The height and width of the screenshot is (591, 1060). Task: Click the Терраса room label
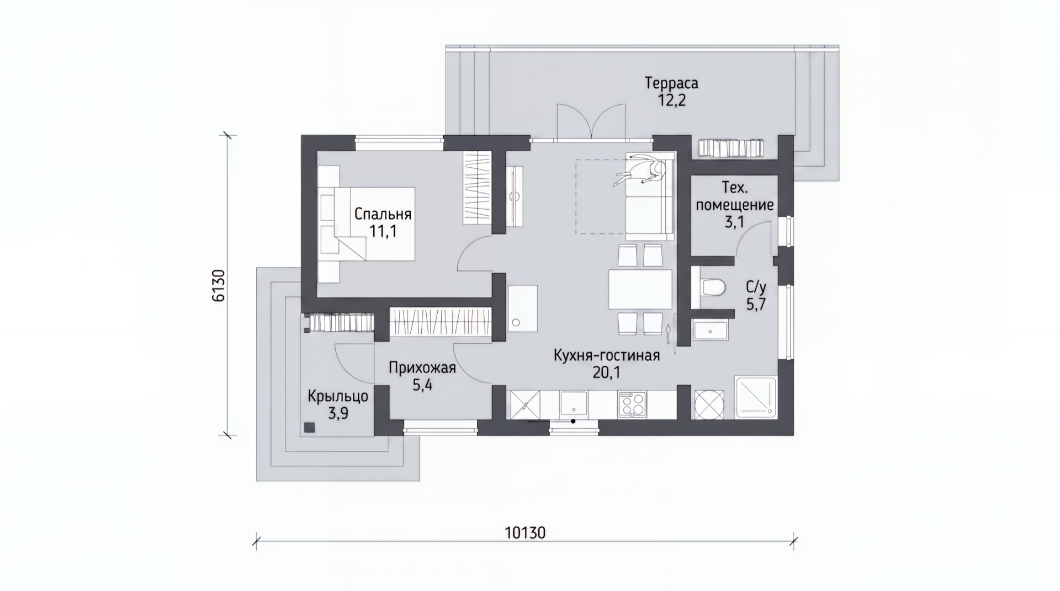(671, 83)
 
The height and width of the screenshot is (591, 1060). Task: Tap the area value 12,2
(671, 100)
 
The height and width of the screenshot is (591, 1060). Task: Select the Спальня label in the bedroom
(383, 214)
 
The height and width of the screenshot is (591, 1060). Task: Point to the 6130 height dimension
(219, 285)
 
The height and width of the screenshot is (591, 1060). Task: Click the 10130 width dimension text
(525, 533)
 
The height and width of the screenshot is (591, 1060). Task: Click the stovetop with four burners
(632, 404)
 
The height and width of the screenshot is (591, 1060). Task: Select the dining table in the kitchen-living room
(640, 289)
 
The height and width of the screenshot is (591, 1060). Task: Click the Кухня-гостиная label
(607, 355)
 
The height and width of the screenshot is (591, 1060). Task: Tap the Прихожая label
(422, 368)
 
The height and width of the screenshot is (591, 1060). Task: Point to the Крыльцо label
(338, 396)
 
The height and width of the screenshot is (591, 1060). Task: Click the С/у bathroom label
(756, 286)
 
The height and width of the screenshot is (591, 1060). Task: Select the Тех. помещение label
(735, 196)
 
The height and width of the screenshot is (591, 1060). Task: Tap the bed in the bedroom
(367, 223)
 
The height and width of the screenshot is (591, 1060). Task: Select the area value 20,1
(607, 373)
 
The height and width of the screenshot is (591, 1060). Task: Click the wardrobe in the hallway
(441, 322)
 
